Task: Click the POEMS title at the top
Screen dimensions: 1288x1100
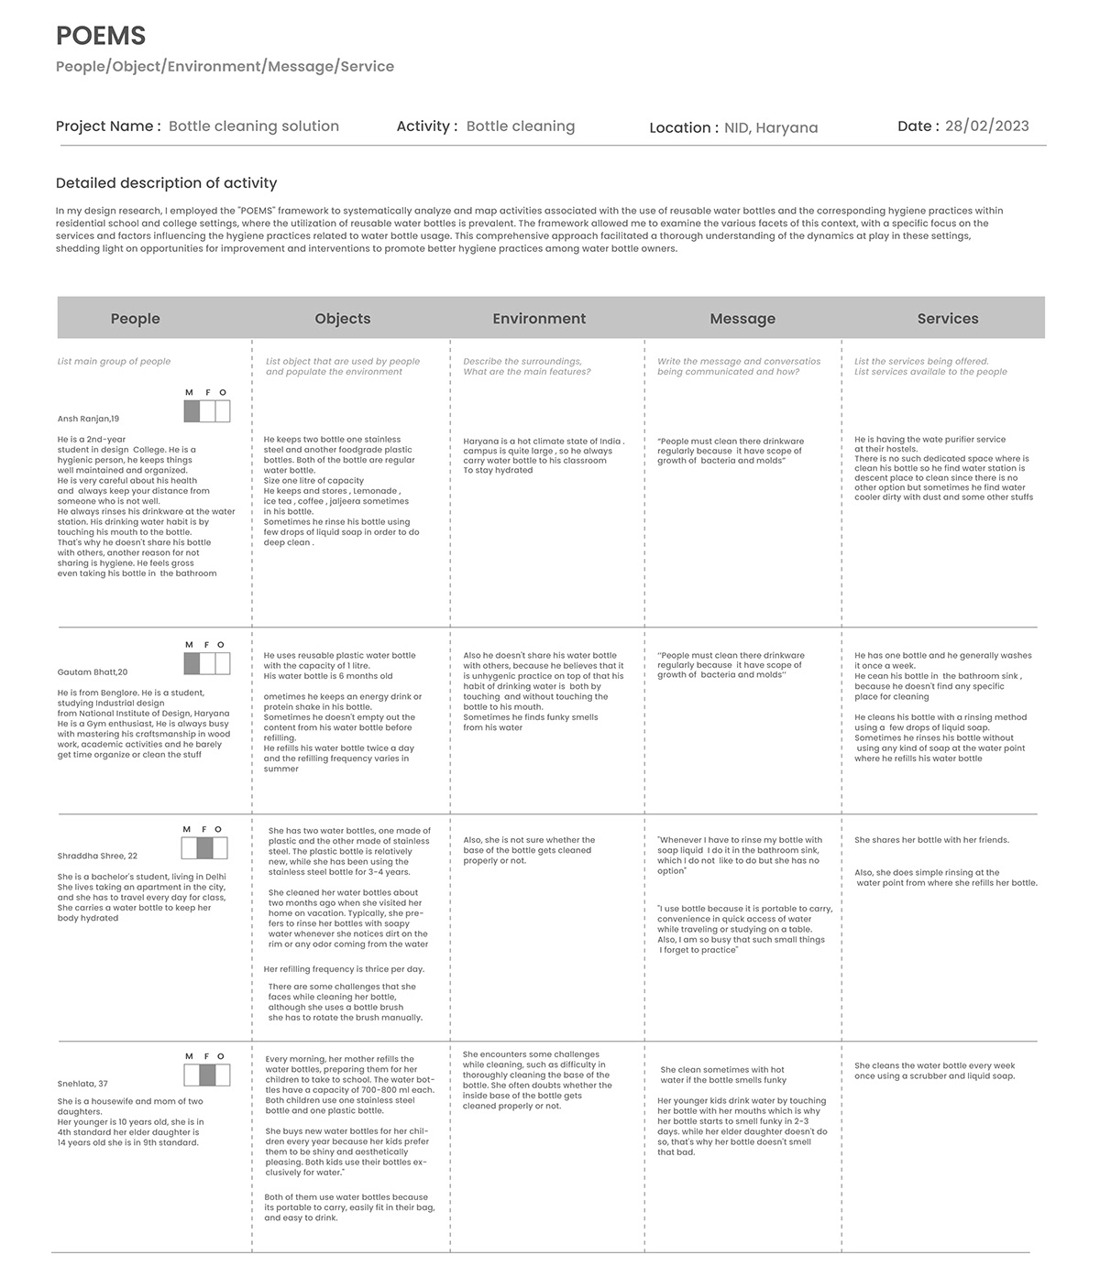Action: tap(101, 36)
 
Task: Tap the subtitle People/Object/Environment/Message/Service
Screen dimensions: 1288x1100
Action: tap(225, 66)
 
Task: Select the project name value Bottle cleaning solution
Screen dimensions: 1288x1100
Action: tap(254, 126)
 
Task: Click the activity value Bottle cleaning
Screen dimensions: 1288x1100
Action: tap(521, 126)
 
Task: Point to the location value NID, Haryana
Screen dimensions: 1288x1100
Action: tap(771, 128)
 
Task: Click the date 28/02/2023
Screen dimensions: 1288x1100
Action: tap(986, 126)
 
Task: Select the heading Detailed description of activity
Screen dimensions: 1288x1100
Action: tap(166, 183)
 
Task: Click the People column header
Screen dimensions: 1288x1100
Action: tap(135, 319)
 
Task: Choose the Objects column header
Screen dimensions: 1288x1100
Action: tap(343, 319)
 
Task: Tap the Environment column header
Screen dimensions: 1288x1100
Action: tap(539, 319)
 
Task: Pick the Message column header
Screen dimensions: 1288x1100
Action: tap(742, 319)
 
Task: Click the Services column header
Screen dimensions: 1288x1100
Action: tap(948, 319)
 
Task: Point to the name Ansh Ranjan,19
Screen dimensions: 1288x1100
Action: tap(88, 419)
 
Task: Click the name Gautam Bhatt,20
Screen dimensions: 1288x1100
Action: tap(93, 672)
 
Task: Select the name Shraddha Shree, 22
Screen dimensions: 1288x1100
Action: tap(97, 856)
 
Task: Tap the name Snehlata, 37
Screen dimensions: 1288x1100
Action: tap(82, 1084)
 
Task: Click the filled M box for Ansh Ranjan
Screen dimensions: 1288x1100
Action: tap(191, 412)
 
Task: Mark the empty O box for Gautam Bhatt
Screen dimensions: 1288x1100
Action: tap(222, 664)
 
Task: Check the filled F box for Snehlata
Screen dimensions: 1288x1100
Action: tap(207, 1075)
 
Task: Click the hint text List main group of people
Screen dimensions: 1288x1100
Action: tap(114, 362)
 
